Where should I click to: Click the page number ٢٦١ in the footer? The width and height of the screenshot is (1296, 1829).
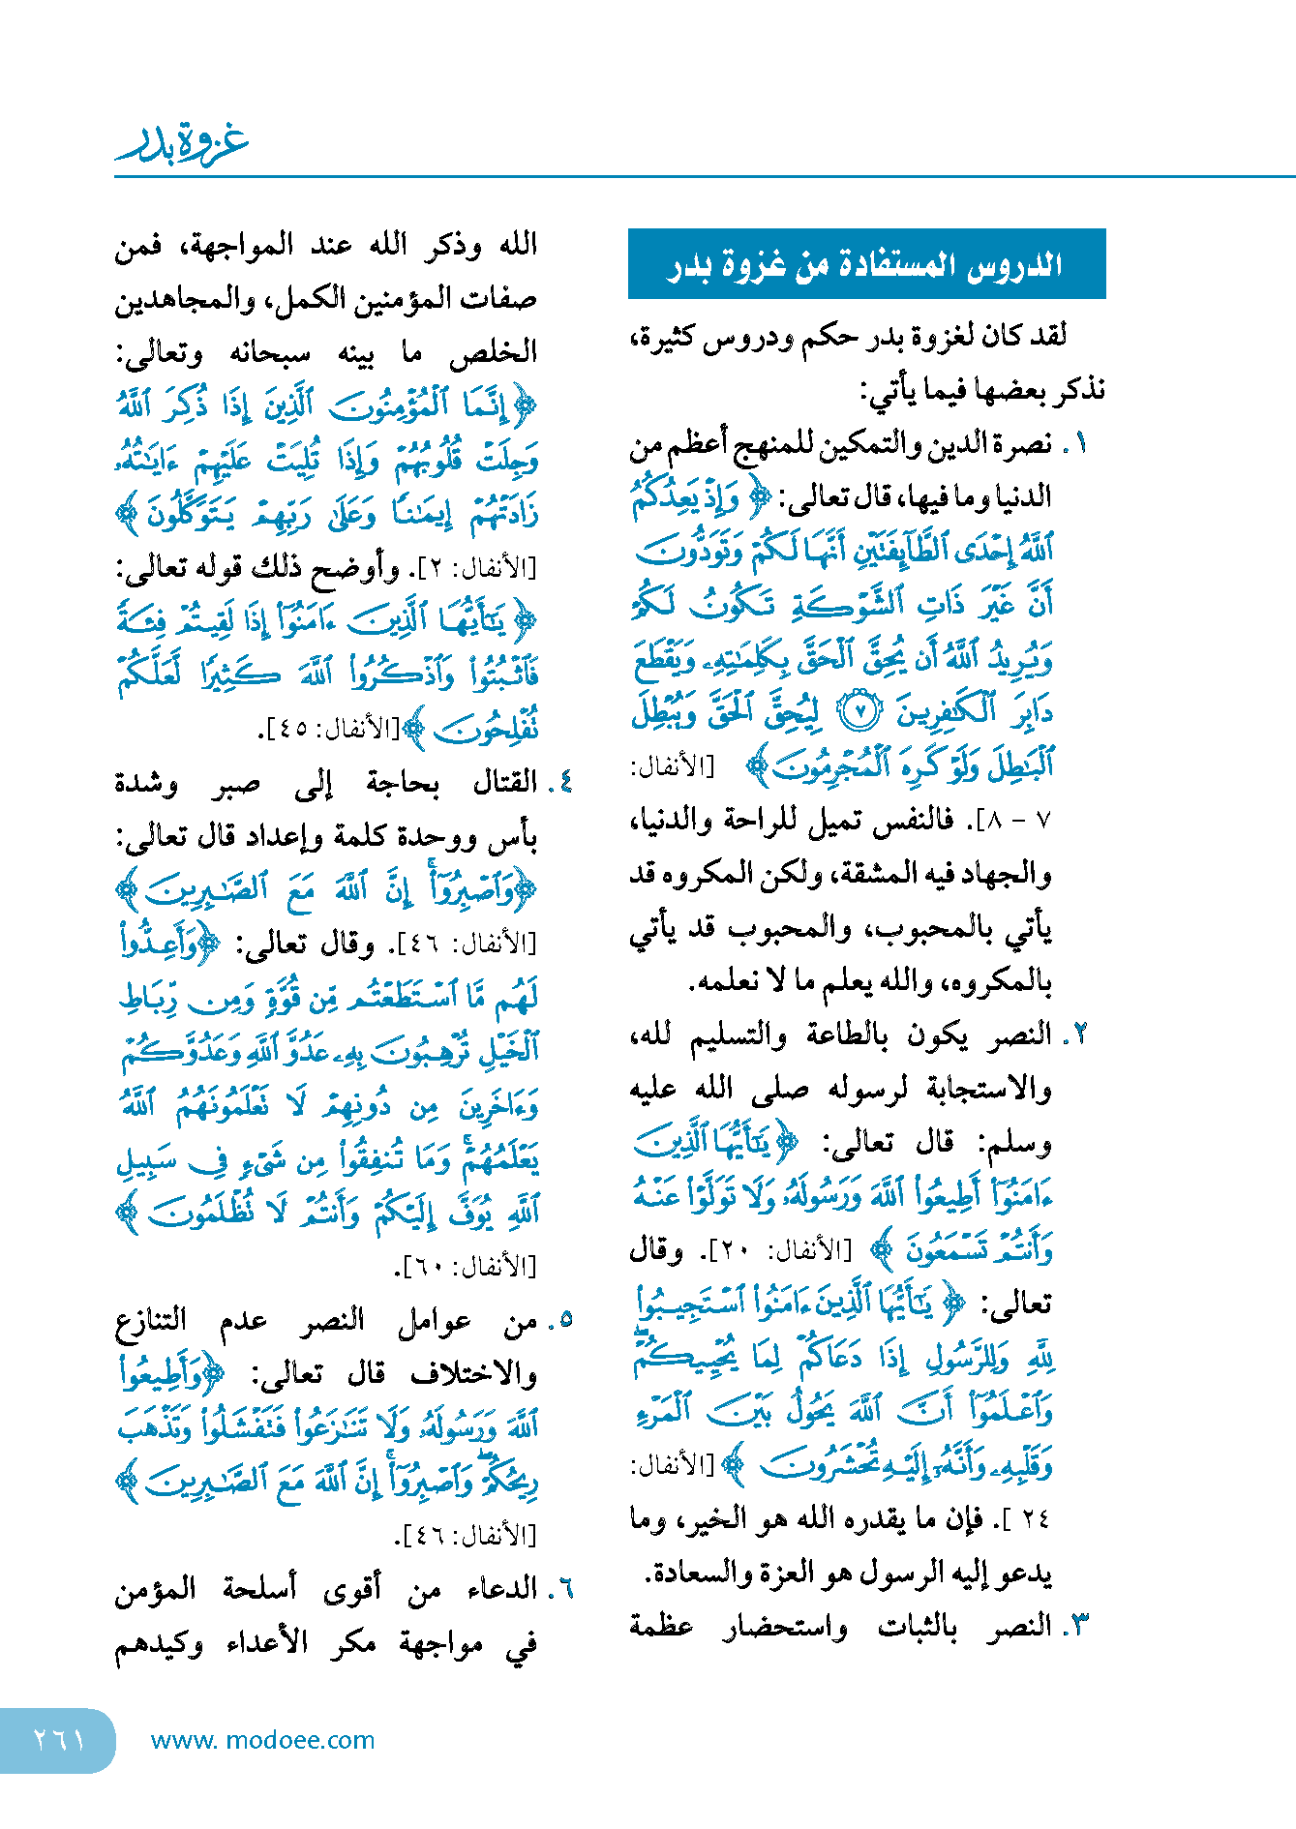click(59, 1740)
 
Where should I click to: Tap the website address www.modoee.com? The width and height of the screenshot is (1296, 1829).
click(262, 1740)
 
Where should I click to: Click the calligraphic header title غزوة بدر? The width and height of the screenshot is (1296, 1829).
click(183, 143)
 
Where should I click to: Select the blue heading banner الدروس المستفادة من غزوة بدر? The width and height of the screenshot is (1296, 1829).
click(866, 264)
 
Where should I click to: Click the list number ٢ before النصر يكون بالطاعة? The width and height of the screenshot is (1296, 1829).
click(1077, 1035)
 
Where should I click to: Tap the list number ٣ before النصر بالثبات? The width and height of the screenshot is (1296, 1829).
click(1078, 1627)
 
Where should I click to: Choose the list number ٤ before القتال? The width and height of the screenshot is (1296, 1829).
click(563, 782)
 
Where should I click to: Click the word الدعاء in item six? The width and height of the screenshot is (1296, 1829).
click(502, 1589)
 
